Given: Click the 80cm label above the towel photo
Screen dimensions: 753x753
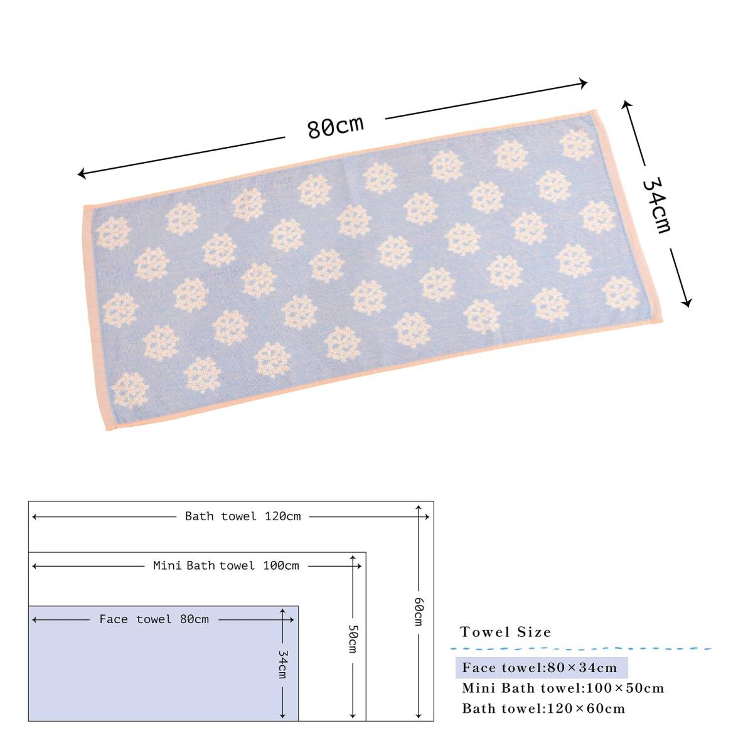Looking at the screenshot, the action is tap(335, 126).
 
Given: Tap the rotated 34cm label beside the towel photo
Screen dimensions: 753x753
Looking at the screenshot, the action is tap(657, 206).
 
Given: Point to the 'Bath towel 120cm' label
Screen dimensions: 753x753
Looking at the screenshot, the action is tap(243, 516).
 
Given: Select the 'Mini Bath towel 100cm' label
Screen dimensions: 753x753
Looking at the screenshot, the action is tap(226, 565).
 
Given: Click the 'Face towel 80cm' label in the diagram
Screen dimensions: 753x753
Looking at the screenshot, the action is tap(154, 619).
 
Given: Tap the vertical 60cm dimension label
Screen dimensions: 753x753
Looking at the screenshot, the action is tap(419, 612).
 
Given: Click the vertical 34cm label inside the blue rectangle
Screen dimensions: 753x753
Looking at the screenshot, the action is tap(283, 664).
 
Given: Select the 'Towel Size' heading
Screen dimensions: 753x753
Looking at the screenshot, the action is tap(506, 632).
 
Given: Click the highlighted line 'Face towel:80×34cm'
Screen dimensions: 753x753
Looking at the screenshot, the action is tap(542, 668).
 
